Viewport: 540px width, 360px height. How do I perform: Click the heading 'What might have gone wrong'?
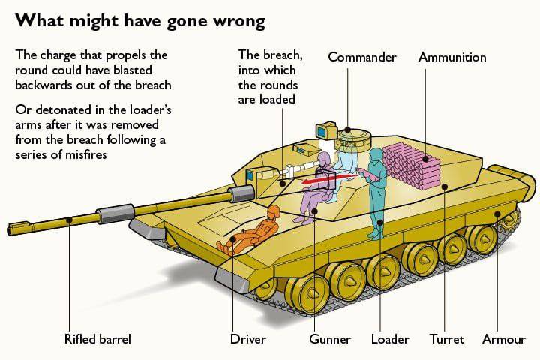(140, 20)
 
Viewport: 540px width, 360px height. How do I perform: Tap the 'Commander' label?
(362, 58)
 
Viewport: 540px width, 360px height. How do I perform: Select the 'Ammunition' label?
(452, 58)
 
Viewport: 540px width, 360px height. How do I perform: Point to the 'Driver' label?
(247, 339)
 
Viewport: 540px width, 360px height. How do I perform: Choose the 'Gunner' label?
(330, 339)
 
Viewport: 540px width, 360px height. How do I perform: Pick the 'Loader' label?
(390, 339)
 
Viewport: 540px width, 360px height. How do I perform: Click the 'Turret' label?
(446, 339)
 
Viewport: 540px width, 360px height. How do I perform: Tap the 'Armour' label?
(504, 339)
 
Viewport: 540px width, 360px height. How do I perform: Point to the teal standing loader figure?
(376, 191)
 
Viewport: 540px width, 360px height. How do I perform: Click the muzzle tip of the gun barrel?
(10, 226)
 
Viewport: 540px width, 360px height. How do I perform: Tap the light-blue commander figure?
(347, 161)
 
